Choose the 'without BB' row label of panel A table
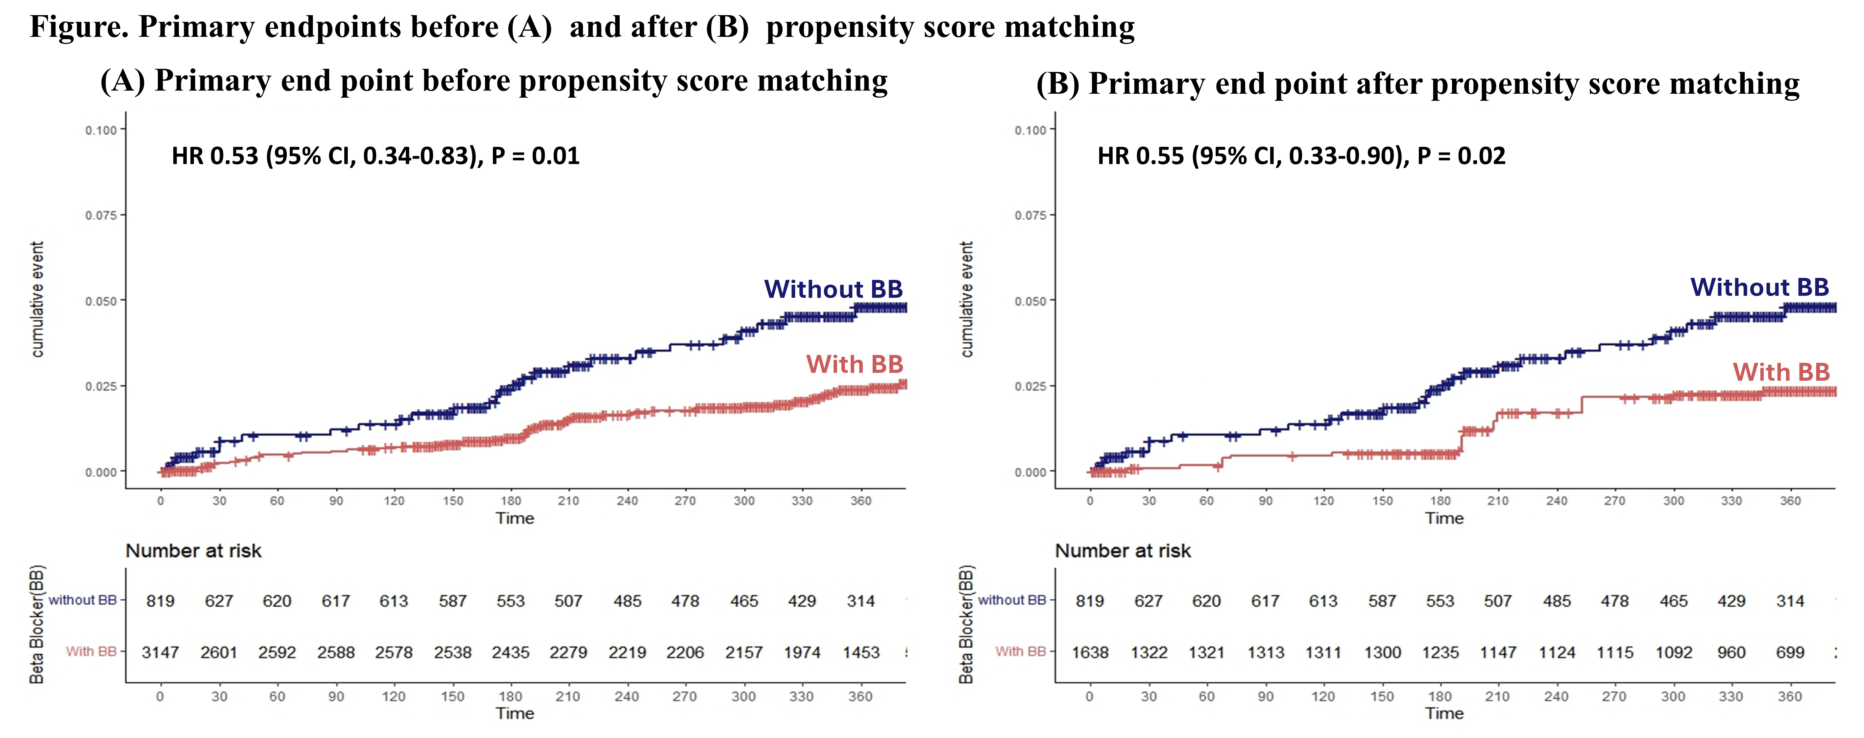tap(83, 600)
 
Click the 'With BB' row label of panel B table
tap(1020, 651)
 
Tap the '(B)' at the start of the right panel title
tap(1057, 84)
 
